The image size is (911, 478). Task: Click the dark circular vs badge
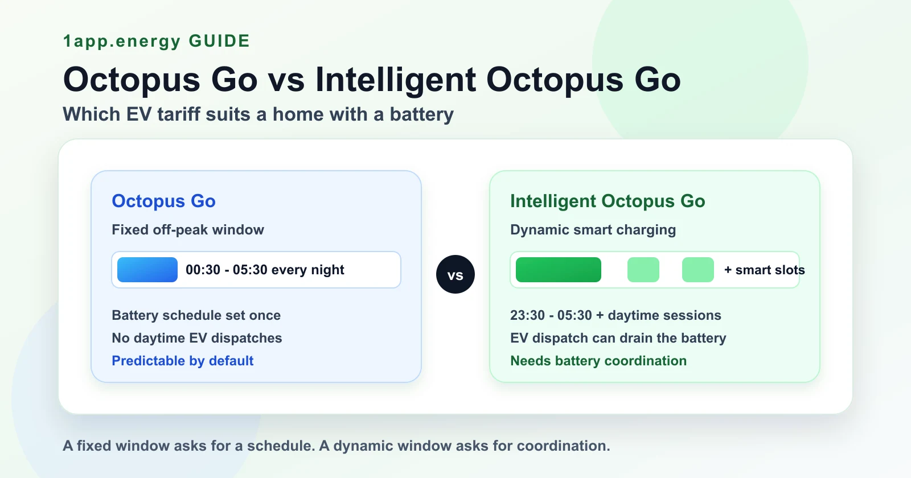455,274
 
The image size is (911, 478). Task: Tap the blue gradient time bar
147,270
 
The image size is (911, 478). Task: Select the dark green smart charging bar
559,270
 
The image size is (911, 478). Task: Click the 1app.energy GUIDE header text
157,41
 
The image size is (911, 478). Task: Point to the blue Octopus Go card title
163,201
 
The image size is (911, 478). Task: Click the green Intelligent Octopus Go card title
608,201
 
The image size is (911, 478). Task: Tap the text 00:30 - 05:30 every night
265,270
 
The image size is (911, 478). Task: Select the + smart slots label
765,270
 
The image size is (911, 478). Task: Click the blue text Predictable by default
183,361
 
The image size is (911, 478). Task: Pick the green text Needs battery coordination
598,361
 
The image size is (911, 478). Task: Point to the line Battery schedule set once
196,315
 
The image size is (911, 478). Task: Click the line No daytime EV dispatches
197,338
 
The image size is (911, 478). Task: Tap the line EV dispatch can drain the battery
618,338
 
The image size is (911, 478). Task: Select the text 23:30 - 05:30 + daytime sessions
615,315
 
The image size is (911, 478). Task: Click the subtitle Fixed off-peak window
188,230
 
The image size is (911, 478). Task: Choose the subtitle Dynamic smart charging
593,230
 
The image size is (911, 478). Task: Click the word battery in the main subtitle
422,114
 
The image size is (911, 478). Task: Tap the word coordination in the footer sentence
563,446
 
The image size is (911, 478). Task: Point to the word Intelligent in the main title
395,80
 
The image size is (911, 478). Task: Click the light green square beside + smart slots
698,270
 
